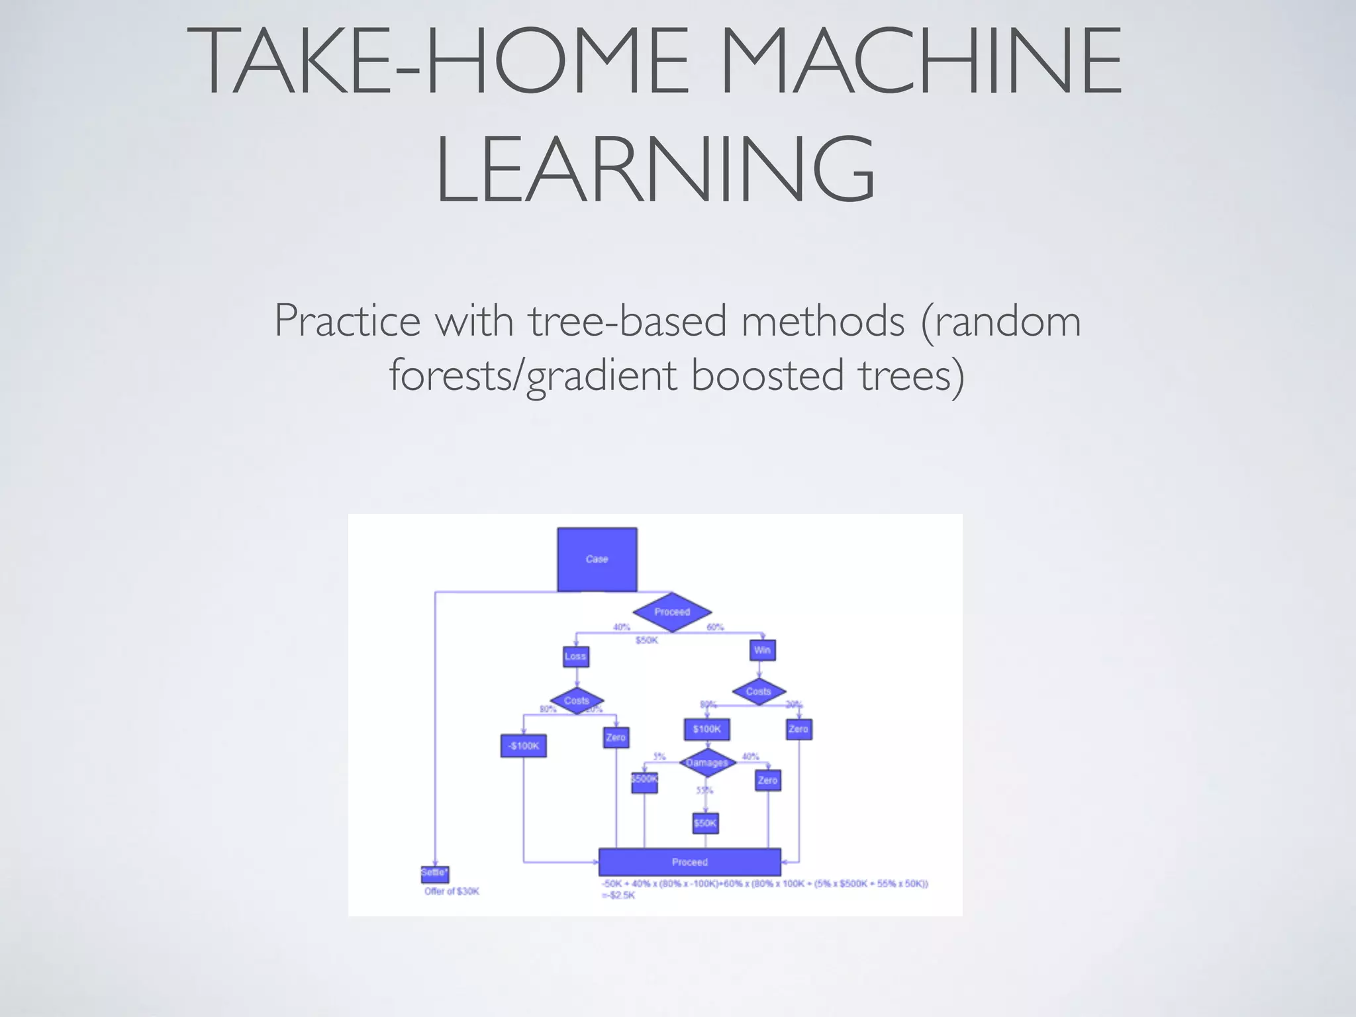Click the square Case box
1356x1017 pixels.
597,559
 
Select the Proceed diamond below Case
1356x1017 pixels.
672,612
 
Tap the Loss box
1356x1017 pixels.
575,656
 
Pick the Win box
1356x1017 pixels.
762,650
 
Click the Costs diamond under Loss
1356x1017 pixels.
577,701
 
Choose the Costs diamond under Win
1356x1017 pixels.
759,691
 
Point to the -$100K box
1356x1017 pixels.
523,746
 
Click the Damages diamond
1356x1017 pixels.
707,763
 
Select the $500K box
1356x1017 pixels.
644,780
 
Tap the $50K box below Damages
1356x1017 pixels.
705,823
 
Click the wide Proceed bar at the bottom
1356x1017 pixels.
689,862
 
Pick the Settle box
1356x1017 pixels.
434,873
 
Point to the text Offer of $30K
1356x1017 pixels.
452,892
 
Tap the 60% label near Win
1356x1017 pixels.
715,627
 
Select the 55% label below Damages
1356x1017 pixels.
704,791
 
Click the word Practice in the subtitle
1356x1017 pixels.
348,320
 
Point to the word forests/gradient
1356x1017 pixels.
533,375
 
